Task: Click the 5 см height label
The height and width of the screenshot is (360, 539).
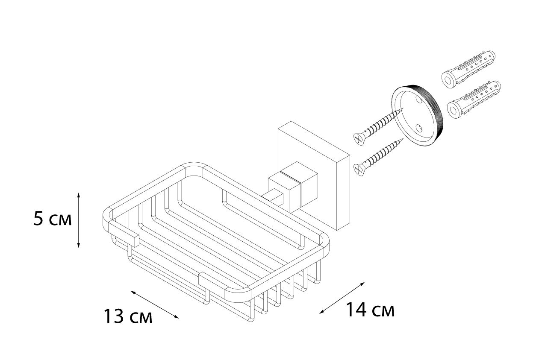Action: tap(53, 219)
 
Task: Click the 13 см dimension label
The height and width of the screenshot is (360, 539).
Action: tap(128, 316)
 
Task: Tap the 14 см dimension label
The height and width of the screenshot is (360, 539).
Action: tap(370, 310)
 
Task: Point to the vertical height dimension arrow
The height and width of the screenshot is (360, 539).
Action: tap(79, 220)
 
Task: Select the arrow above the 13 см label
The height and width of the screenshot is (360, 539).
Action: tap(154, 304)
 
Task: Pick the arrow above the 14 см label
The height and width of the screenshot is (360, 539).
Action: tap(342, 298)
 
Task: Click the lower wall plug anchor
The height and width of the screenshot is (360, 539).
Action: tap(474, 100)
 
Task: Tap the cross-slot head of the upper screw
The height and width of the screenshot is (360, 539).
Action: tap(359, 139)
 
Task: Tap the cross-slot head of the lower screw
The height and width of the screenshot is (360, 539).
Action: tap(359, 170)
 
